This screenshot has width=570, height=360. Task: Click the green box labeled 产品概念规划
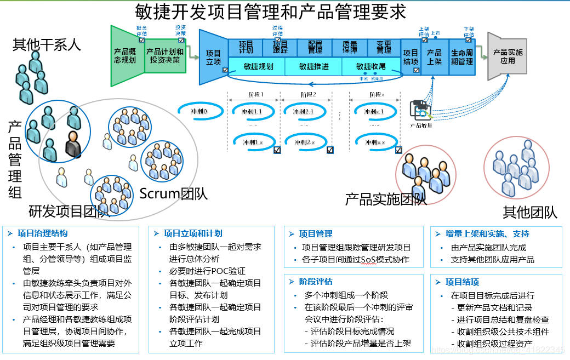coord(125,55)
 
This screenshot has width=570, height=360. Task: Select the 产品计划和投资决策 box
coord(164,55)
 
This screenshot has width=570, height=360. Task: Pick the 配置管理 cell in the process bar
coord(315,47)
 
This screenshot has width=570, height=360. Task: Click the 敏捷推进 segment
coord(314,67)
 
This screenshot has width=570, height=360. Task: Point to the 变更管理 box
coord(384,47)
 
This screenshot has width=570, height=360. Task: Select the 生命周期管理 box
coord(462,58)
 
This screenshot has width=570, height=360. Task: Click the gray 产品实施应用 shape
coord(508,56)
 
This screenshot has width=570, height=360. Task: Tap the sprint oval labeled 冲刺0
coord(199,111)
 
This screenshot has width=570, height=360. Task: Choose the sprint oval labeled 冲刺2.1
coord(303,112)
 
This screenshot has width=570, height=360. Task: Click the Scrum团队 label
coord(173,193)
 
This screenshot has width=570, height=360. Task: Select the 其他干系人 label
coord(47,44)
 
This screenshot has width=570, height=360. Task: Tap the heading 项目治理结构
coord(43,233)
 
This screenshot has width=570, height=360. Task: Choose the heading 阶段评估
coord(316,281)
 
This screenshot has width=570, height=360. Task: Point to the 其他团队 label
coord(529,212)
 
